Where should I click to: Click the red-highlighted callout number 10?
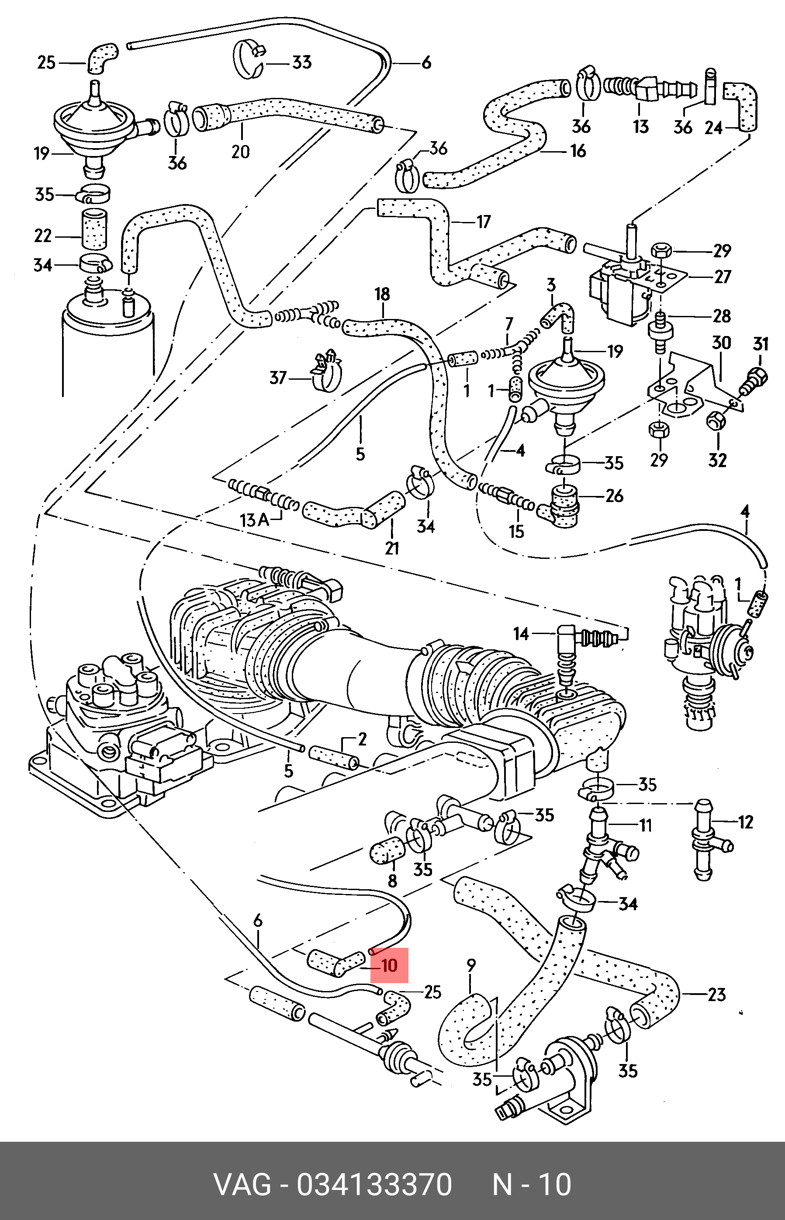click(x=389, y=965)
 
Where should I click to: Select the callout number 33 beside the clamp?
click(x=301, y=63)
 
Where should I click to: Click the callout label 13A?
click(x=254, y=520)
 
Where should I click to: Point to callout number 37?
click(x=278, y=378)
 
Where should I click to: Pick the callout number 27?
click(x=722, y=277)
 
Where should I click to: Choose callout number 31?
click(x=760, y=344)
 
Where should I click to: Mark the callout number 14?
click(x=521, y=634)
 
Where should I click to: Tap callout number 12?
click(x=745, y=822)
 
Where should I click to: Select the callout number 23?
click(x=716, y=994)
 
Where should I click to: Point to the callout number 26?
click(x=614, y=496)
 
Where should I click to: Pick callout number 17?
click(x=483, y=222)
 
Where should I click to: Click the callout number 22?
click(x=43, y=236)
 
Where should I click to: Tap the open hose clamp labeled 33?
click(x=248, y=60)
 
